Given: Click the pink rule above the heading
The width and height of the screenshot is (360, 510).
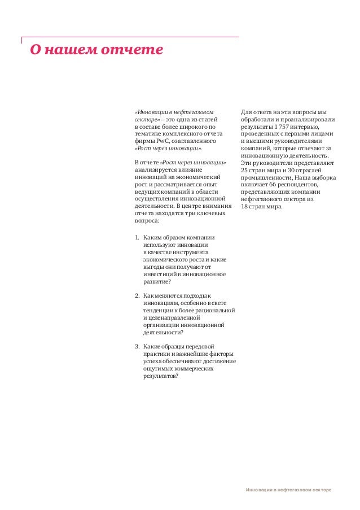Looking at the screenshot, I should pos(130,38).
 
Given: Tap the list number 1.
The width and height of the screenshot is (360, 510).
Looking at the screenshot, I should pos(137,238).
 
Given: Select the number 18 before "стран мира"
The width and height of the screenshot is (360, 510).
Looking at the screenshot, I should pos(244,206).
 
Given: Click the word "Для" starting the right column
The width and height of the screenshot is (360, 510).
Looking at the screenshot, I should pos(247,111).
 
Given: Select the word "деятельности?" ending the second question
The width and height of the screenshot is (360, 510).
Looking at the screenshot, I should pos(164,332).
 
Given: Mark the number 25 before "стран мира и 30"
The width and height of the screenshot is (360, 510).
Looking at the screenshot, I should pos(244,169).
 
